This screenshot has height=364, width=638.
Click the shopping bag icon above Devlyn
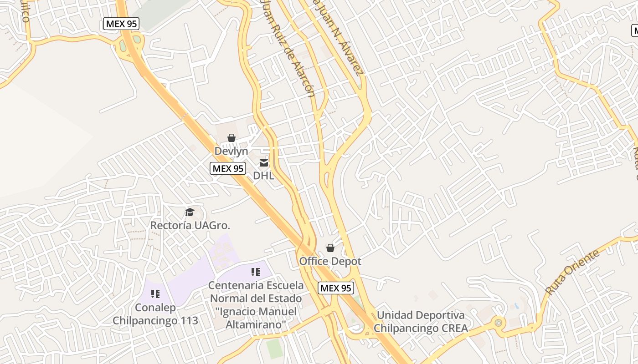click(232, 137)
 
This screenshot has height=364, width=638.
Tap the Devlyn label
click(232, 151)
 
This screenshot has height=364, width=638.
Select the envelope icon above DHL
click(264, 163)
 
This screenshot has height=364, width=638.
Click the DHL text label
click(264, 175)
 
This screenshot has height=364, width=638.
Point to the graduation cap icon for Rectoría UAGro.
click(190, 212)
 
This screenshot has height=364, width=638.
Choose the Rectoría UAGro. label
click(190, 225)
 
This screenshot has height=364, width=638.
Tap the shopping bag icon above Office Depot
click(330, 248)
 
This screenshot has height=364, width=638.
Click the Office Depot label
click(330, 261)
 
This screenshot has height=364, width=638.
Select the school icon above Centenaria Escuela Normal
click(255, 272)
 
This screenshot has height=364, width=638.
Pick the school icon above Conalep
click(155, 294)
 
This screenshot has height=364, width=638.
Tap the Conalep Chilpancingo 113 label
click(155, 314)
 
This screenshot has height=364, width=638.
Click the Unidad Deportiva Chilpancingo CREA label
click(421, 321)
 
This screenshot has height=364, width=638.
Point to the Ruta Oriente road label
click(572, 272)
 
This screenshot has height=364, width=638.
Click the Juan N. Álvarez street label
click(339, 36)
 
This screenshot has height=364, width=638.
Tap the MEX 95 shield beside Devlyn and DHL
click(228, 168)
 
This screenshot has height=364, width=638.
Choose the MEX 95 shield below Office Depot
click(336, 288)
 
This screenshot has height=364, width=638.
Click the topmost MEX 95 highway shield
click(121, 24)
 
